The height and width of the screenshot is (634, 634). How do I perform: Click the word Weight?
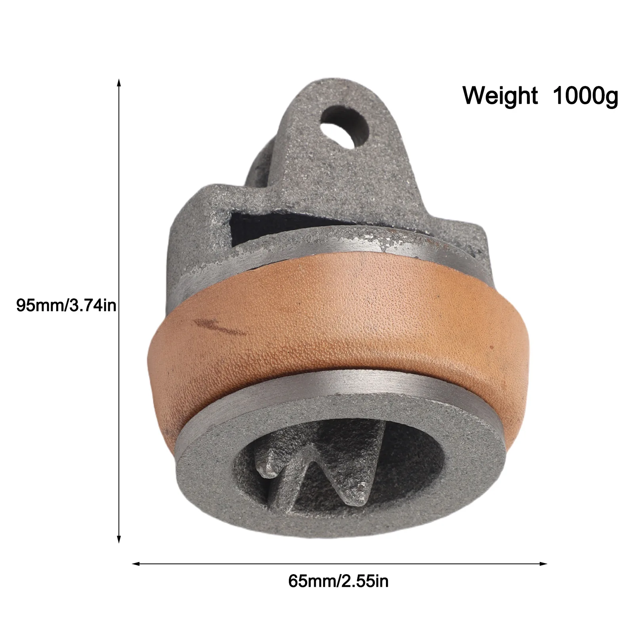point(500,95)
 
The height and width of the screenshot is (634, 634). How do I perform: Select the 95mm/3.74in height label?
point(66,306)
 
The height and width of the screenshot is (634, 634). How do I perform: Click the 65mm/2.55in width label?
point(339,581)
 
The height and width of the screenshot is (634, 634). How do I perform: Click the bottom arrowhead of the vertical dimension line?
point(118,539)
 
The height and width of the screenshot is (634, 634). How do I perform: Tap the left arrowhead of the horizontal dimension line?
point(136,563)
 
